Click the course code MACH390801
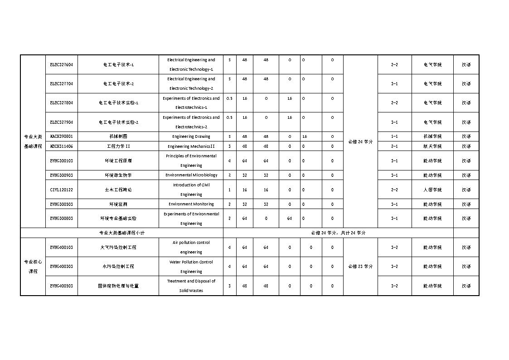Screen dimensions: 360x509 [x=61, y=136]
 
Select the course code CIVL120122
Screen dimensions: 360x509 [x=61, y=190]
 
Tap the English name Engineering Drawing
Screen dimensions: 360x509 [x=191, y=136]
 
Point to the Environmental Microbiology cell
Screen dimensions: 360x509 [x=191, y=175]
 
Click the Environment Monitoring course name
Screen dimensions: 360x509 [x=191, y=204]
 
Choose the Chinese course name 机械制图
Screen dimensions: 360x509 [x=118, y=136]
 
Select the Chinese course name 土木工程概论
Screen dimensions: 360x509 [x=118, y=190]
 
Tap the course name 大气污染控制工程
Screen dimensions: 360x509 [x=118, y=248]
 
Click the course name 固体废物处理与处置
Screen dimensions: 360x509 [x=118, y=286]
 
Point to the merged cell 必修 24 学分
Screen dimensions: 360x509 [x=360, y=141]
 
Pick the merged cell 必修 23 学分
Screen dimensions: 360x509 [x=360, y=267]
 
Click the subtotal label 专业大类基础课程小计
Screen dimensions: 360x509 [x=121, y=233]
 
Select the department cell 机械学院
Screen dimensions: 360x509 [x=432, y=136]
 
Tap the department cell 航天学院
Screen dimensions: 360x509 [x=432, y=146]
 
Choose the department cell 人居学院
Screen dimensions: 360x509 [x=432, y=190]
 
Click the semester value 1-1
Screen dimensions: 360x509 [x=394, y=136]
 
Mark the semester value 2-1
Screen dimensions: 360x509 [x=394, y=146]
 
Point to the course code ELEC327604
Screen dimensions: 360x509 [x=61, y=64]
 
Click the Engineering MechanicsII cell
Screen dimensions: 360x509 [x=191, y=146]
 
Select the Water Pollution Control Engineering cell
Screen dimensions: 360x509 [x=191, y=267]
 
